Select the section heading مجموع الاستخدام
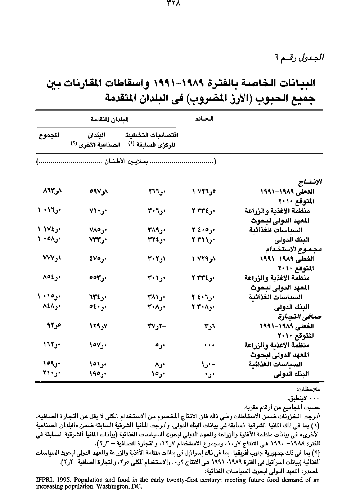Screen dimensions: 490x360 pos(294,249)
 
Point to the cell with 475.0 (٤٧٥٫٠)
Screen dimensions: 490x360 pos(98,259)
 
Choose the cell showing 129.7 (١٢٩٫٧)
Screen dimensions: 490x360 pos(98,327)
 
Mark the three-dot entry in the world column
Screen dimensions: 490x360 pos(209,345)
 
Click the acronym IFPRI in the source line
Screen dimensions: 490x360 pos(45,480)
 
